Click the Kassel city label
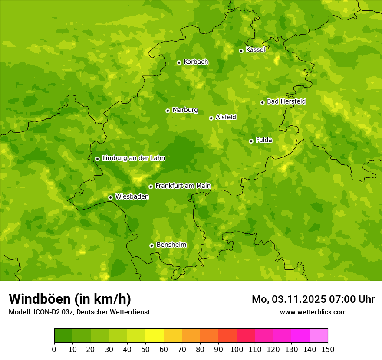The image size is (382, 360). pyautogui.click(x=255, y=50)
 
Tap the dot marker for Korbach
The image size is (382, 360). pyautogui.click(x=179, y=62)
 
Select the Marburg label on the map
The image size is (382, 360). pyautogui.click(x=185, y=110)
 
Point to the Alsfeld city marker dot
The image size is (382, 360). pyautogui.click(x=211, y=118)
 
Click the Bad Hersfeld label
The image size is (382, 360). pyautogui.click(x=286, y=101)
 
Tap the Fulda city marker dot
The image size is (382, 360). pyautogui.click(x=251, y=141)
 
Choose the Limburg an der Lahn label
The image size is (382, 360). pyautogui.click(x=133, y=158)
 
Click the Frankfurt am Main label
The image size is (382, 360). pyautogui.click(x=183, y=186)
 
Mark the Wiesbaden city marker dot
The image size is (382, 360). pyautogui.click(x=110, y=197)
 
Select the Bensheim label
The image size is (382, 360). pyautogui.click(x=171, y=245)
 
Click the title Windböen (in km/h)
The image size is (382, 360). pyautogui.click(x=70, y=299)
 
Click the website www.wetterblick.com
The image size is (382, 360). pyautogui.click(x=313, y=312)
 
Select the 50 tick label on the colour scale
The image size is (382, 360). pyautogui.click(x=145, y=350)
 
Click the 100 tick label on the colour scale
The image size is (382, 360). pyautogui.click(x=237, y=350)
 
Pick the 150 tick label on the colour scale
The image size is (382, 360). pyautogui.click(x=328, y=350)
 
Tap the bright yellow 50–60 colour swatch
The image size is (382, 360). pyautogui.click(x=155, y=336)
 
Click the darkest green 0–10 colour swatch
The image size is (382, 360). pyautogui.click(x=63, y=336)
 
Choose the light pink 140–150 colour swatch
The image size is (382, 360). pyautogui.click(x=319, y=336)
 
